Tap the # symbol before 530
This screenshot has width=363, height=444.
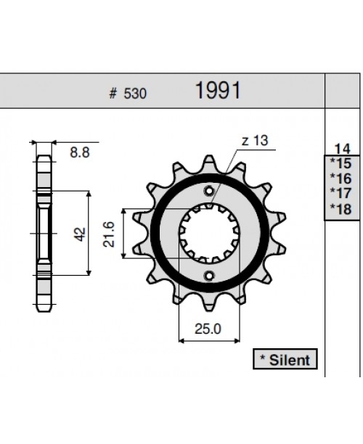coord(113,94)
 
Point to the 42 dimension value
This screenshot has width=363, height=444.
coord(80,234)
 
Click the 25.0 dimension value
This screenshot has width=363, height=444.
coord(208,329)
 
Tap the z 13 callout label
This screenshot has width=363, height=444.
coord(254,141)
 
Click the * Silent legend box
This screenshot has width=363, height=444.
coord(283,359)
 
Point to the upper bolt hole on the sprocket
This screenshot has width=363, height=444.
coord(210,192)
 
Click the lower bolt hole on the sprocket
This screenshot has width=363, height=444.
coord(210,276)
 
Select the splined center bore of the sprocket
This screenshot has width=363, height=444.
coord(209,234)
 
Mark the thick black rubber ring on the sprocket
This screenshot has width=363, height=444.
coord(163,234)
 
